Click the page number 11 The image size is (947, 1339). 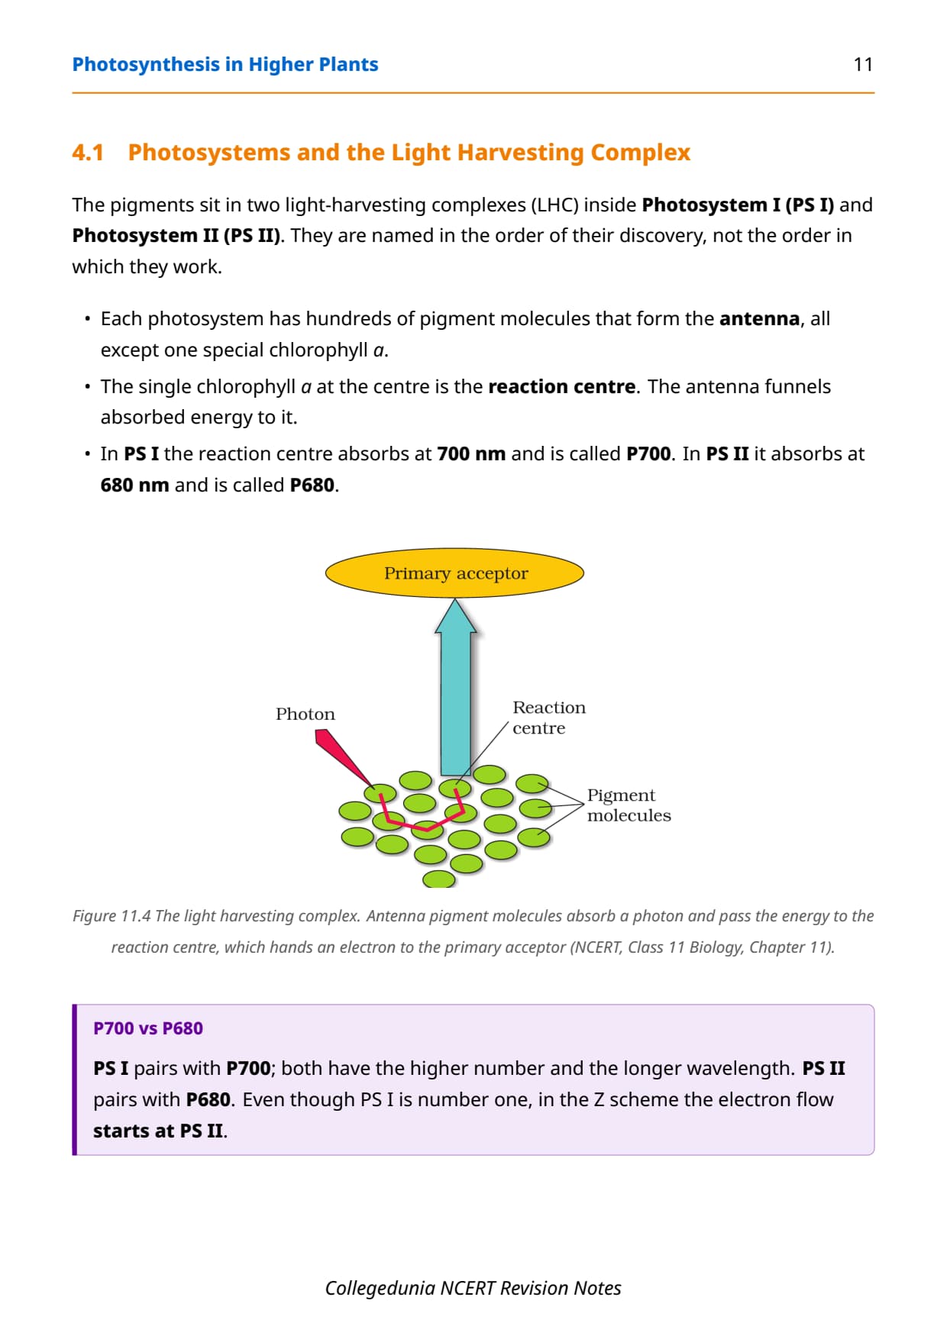click(863, 64)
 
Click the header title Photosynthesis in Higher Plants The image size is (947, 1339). click(225, 65)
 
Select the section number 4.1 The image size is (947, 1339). click(88, 153)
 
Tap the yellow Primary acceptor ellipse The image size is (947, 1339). click(454, 573)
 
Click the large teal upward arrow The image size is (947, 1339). click(456, 687)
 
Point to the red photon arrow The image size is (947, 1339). click(344, 757)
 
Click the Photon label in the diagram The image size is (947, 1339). click(305, 715)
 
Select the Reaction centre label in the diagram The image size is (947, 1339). click(549, 718)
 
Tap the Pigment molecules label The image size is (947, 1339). click(629, 805)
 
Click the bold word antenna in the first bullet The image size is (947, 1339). click(759, 319)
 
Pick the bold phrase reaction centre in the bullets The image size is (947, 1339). click(561, 387)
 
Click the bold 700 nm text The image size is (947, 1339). click(471, 454)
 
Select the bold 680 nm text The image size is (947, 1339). click(135, 486)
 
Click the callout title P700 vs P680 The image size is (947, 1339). click(148, 1028)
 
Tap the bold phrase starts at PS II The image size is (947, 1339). click(159, 1131)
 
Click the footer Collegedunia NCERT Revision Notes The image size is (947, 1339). click(473, 1289)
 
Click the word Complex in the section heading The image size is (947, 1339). click(640, 153)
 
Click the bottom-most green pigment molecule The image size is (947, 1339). click(439, 879)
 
